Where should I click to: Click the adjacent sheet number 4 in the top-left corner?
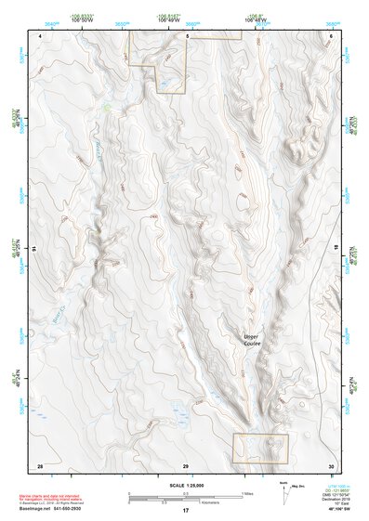(x=40, y=35)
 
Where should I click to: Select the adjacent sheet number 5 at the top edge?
(x=186, y=35)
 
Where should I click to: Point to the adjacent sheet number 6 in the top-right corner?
(x=331, y=35)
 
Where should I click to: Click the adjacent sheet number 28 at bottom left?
(x=40, y=464)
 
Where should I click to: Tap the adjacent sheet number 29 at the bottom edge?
(x=186, y=464)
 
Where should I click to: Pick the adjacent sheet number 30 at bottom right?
(x=330, y=464)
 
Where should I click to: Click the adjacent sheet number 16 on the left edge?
(x=33, y=250)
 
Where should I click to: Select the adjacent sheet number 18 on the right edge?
(x=336, y=250)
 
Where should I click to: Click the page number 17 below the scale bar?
(x=186, y=510)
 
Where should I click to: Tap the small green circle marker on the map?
(x=107, y=108)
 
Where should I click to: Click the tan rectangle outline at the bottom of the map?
(x=260, y=449)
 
